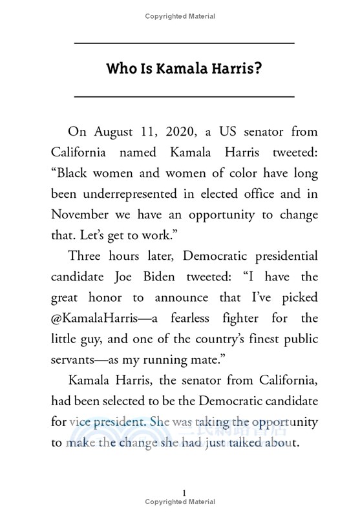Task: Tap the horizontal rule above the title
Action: click(x=184, y=43)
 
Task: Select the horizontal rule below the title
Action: click(x=184, y=96)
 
